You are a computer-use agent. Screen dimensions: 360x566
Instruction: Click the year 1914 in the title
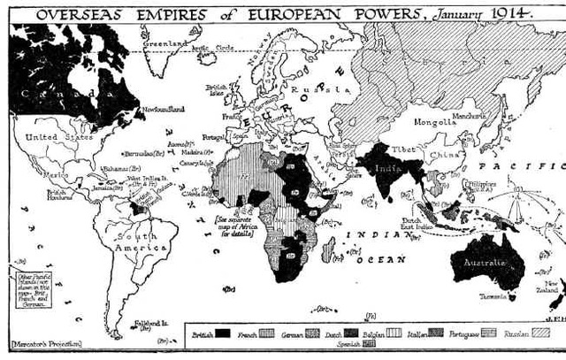pos(516,12)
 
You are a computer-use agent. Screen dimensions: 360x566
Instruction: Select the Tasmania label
pos(493,297)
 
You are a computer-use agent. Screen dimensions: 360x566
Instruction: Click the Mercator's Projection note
pos(43,342)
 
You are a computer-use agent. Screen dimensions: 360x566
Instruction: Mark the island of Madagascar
pos(329,250)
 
